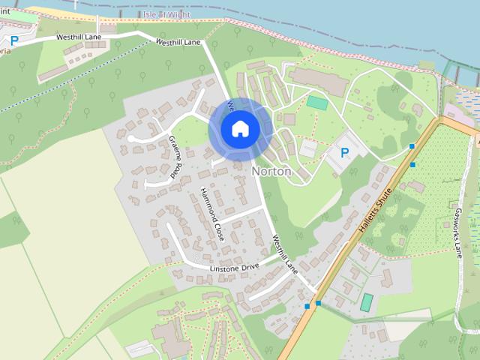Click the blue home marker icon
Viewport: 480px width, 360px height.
(239, 128)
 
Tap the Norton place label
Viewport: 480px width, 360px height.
(271, 171)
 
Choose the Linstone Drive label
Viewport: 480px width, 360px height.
(234, 267)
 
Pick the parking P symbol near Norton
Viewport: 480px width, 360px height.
(345, 152)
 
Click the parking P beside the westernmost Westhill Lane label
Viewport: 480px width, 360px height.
(14, 41)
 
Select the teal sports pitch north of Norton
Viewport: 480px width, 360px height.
(316, 103)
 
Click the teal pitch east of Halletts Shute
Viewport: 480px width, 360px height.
(366, 302)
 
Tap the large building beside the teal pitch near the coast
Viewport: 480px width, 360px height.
(318, 82)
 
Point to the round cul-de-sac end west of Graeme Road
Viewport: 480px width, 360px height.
(131, 139)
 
